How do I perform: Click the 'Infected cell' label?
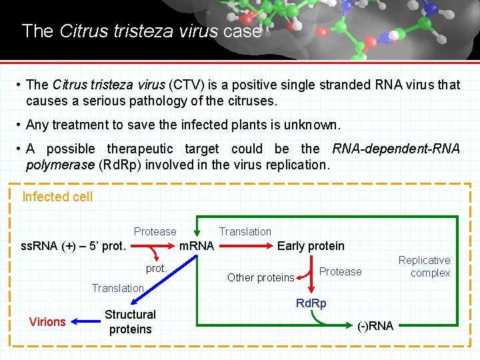(57, 197)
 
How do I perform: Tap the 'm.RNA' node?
(197, 246)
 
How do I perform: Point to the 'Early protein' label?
(311, 246)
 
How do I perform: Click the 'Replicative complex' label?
(424, 266)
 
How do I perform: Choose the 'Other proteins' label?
(261, 277)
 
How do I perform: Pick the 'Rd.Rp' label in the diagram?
(311, 304)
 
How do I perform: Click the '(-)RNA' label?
(375, 326)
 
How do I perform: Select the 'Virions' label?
(47, 322)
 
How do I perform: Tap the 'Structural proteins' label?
(130, 321)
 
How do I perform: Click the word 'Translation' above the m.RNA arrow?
(245, 231)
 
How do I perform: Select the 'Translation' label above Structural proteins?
(117, 288)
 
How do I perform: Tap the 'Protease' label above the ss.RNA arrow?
(155, 231)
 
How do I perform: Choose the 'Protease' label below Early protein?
(340, 271)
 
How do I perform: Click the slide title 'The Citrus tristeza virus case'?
(141, 31)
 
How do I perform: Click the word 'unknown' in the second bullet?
(315, 125)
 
